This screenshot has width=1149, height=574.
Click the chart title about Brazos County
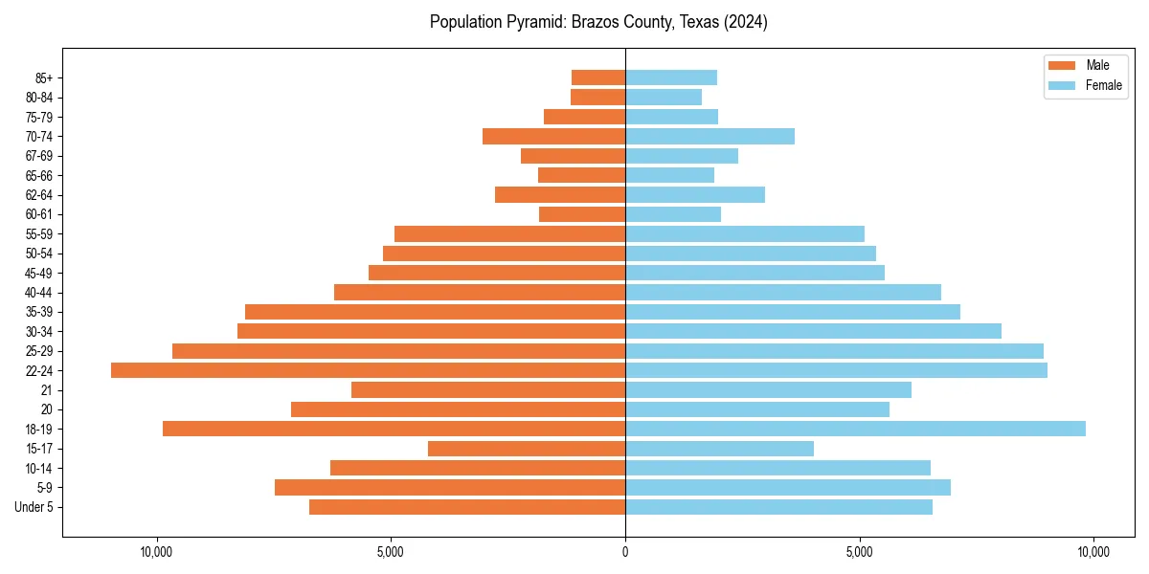coord(598,22)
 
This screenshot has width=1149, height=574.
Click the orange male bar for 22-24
coord(368,370)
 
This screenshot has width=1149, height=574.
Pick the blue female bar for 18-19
coord(855,429)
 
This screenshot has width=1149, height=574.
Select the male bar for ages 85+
coord(598,77)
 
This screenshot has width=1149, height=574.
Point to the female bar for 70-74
coord(710,136)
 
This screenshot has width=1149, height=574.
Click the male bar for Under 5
coord(467,507)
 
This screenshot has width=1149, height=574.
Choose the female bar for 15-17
coord(719,449)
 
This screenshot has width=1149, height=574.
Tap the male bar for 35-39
coord(435,312)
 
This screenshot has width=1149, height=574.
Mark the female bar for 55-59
coord(745,233)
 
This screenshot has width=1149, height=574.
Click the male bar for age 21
coord(488,389)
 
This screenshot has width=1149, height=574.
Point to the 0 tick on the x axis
coord(625,552)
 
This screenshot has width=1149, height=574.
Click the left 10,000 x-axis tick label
coord(156,552)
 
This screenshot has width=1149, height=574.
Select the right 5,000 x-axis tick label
coord(860,552)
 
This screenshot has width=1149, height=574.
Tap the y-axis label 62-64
coord(39,195)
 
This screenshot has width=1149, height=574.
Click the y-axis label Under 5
coord(34,507)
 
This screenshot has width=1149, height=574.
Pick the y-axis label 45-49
coord(39,273)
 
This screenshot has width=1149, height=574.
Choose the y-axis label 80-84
coord(39,98)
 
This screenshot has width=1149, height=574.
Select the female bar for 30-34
coord(813,331)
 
